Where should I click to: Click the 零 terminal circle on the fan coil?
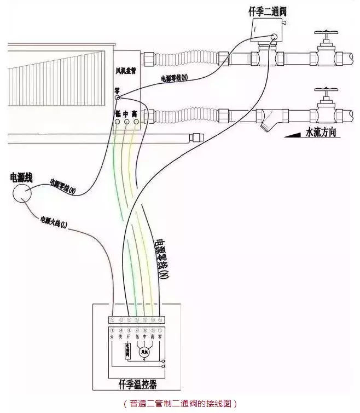click(117, 97)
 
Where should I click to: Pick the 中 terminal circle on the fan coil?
click(126, 122)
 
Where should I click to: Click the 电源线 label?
click(22, 177)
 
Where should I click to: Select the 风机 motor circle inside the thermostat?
click(144, 351)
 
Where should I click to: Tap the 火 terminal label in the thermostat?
click(112, 337)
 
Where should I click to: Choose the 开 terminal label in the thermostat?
click(128, 337)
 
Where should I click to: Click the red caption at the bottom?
click(180, 404)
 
